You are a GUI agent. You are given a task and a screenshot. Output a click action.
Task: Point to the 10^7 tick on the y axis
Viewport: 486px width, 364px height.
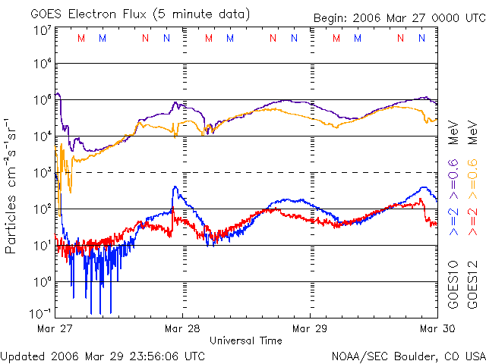(43, 30)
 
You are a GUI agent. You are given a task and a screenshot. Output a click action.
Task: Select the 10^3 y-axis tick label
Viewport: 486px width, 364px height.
(43, 172)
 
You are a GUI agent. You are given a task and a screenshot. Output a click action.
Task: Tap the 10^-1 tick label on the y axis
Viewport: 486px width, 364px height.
(41, 313)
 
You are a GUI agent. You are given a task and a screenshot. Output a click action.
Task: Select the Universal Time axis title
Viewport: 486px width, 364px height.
(246, 340)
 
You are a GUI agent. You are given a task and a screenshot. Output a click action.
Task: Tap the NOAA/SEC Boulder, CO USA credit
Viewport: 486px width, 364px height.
(408, 355)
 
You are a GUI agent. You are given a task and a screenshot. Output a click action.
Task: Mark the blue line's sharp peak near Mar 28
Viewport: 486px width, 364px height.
(175, 187)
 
